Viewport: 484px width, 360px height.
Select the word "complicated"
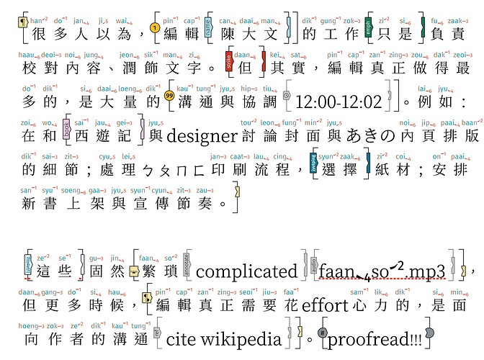tap(246, 271)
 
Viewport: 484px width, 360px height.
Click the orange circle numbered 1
tap(153, 30)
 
